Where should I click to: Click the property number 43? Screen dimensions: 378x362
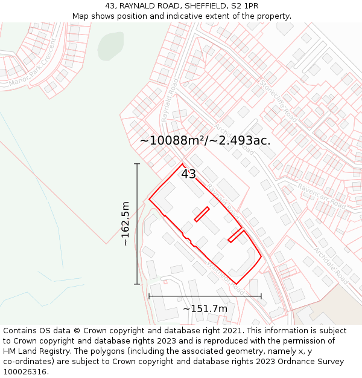coord(188,174)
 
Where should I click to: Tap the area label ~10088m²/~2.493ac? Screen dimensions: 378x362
coord(205,140)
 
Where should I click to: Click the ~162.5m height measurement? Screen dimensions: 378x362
coord(125,223)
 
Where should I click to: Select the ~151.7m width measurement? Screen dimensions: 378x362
coord(205,309)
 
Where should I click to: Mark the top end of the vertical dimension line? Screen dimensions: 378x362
coord(137,164)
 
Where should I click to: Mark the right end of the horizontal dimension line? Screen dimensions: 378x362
coord(261,296)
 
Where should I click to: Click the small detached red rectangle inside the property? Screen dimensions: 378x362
coord(202,214)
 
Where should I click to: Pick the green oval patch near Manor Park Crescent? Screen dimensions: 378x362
coord(110,46)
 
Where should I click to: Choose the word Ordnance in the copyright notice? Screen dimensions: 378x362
coord(290,362)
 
